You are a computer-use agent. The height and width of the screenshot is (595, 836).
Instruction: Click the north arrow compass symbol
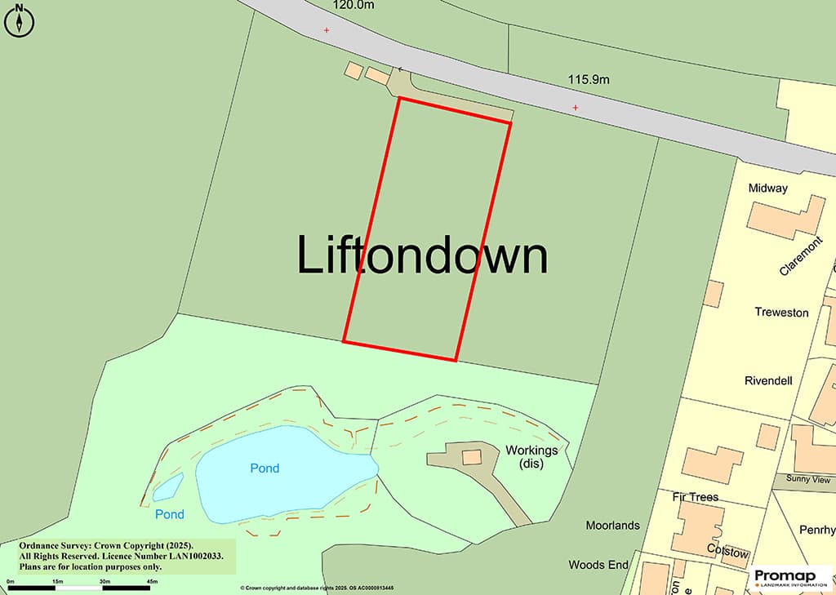(20, 20)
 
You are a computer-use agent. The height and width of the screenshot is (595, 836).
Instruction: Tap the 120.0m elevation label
(353, 5)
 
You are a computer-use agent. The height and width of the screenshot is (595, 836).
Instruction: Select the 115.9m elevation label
(589, 80)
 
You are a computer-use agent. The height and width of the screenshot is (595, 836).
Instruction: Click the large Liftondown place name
(420, 255)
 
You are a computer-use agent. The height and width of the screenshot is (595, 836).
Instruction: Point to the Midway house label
(767, 189)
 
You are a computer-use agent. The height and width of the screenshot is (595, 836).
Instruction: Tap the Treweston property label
(781, 313)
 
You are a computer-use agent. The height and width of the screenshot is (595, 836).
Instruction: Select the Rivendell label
(768, 380)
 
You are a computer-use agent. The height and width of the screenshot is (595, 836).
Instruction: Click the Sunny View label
(807, 479)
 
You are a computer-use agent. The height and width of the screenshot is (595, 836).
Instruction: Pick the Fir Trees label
(695, 497)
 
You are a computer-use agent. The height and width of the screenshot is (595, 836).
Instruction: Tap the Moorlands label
(612, 526)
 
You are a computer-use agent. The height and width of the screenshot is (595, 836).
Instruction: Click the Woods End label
(598, 565)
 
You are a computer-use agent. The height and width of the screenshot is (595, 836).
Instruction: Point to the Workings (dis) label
(531, 457)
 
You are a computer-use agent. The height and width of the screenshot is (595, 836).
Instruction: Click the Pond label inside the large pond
(265, 468)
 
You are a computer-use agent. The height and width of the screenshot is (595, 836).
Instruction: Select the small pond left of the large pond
(168, 487)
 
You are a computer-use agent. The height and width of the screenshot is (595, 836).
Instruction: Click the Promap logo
(790, 578)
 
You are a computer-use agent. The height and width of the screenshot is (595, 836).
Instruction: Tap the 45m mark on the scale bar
(153, 581)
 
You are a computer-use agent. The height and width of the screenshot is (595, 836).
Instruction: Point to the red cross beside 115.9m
(576, 108)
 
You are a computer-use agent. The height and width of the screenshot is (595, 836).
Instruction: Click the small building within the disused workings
(472, 456)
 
